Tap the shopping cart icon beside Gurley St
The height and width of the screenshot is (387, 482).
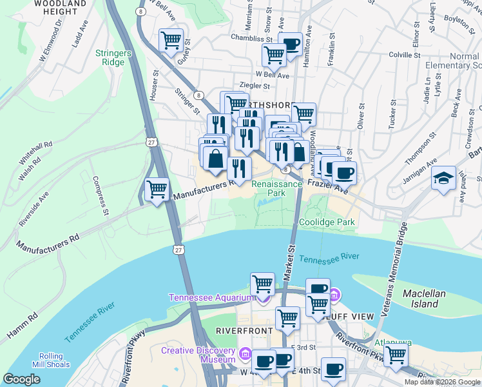(171, 41)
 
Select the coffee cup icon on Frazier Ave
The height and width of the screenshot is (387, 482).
(343, 173)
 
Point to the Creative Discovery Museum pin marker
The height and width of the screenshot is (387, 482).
(245, 354)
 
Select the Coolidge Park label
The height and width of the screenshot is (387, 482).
(327, 222)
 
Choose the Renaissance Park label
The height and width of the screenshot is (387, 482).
(276, 188)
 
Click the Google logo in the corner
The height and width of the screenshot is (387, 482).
(22, 379)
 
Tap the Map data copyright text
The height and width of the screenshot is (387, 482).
(441, 382)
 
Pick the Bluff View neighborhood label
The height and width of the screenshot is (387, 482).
(351, 317)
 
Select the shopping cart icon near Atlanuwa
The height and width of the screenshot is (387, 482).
(396, 355)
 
